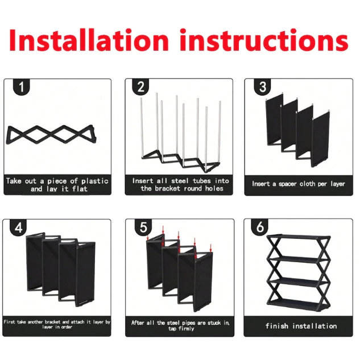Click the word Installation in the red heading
89,40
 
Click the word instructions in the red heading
264,40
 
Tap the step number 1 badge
22,87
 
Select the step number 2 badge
140,87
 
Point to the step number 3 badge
262,87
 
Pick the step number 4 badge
18,227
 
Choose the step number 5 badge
143,227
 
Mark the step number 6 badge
260,227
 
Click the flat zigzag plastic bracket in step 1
51,134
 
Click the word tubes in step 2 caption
201,181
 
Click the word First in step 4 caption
10,322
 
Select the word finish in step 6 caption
277,326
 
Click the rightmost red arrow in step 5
210,248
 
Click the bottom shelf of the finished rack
298,303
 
